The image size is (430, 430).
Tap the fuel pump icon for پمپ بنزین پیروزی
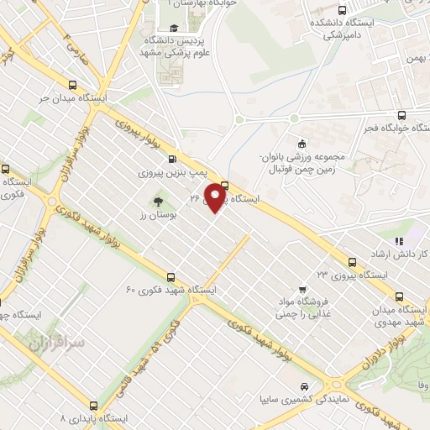[172, 160]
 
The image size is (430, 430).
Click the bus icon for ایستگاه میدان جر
[73, 85]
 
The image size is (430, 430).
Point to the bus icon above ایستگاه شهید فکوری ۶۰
[171, 276]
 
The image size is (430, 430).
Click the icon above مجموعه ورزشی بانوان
[300, 142]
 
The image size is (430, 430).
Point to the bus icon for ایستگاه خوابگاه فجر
[401, 116]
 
